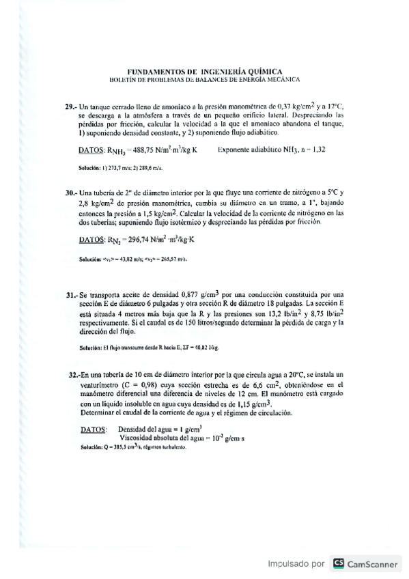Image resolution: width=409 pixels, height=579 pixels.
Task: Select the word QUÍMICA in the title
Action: [263, 71]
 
